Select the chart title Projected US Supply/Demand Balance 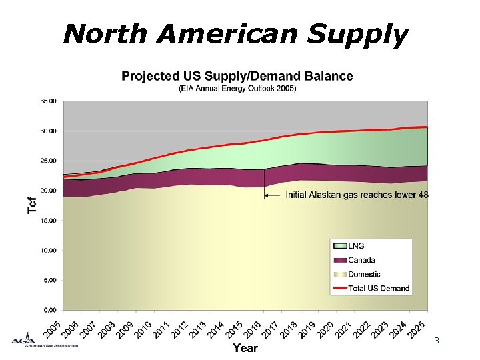click(x=237, y=76)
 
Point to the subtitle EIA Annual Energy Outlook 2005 click(x=237, y=88)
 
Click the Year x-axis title click(x=245, y=347)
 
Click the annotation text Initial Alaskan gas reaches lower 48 click(x=357, y=195)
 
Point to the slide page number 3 click(x=436, y=341)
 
